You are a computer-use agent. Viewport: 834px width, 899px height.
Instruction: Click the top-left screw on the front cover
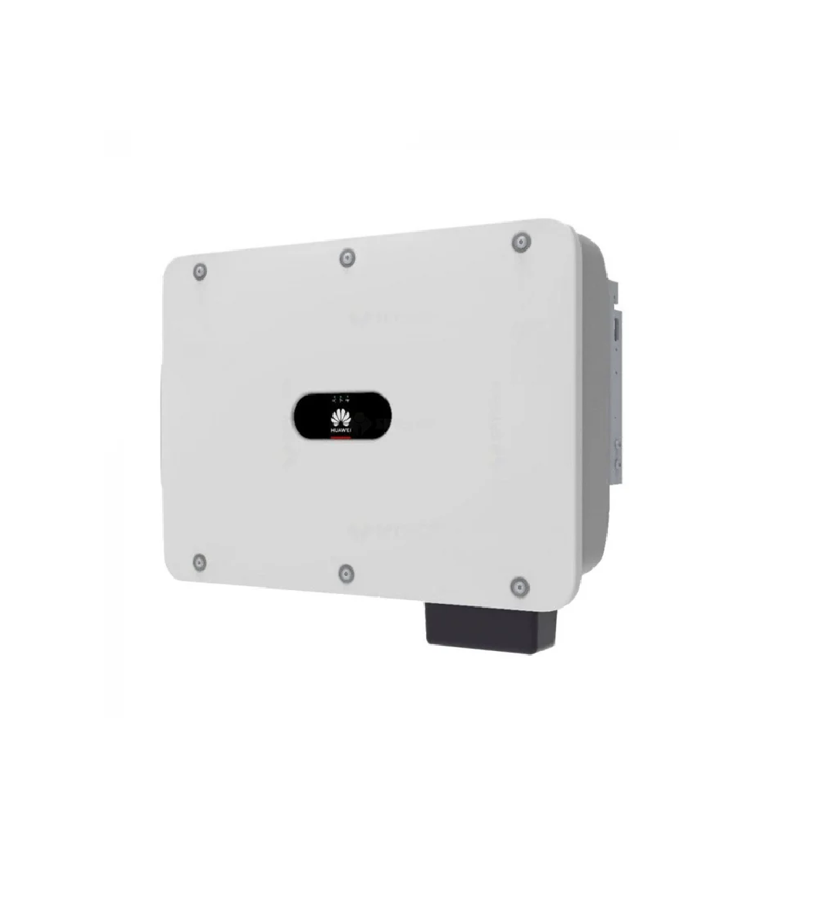tap(200, 271)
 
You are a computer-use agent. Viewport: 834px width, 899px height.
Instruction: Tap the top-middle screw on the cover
tap(347, 257)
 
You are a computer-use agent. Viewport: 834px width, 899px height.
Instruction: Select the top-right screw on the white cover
tap(520, 243)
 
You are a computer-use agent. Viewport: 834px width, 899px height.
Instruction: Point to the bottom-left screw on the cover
tap(199, 561)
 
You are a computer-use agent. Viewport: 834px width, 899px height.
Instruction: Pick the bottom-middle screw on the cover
tap(347, 572)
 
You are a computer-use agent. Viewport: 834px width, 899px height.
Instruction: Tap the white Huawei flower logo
tap(341, 418)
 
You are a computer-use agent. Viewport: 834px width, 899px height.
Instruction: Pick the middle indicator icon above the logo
tap(341, 399)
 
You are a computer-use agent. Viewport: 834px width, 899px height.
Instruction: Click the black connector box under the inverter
tap(486, 627)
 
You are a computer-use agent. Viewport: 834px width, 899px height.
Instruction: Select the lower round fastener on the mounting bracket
tap(618, 463)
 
